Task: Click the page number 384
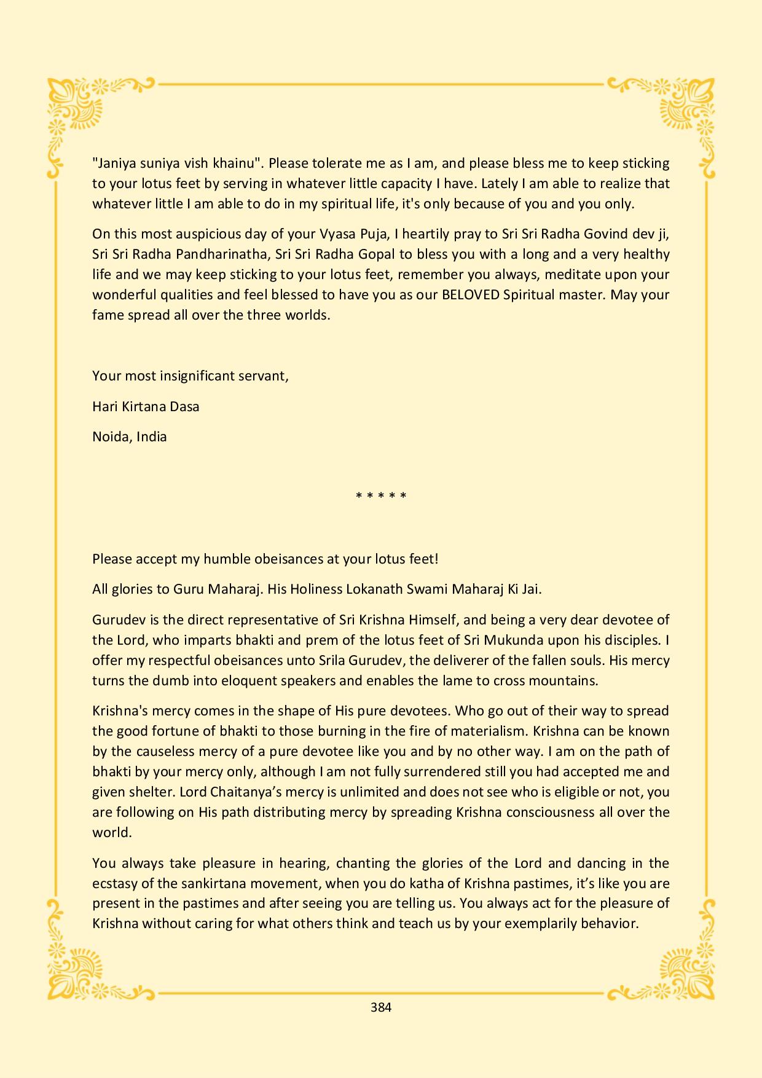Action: pos(381,1007)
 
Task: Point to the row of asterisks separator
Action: pos(381,495)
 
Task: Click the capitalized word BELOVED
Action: pos(470,294)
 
